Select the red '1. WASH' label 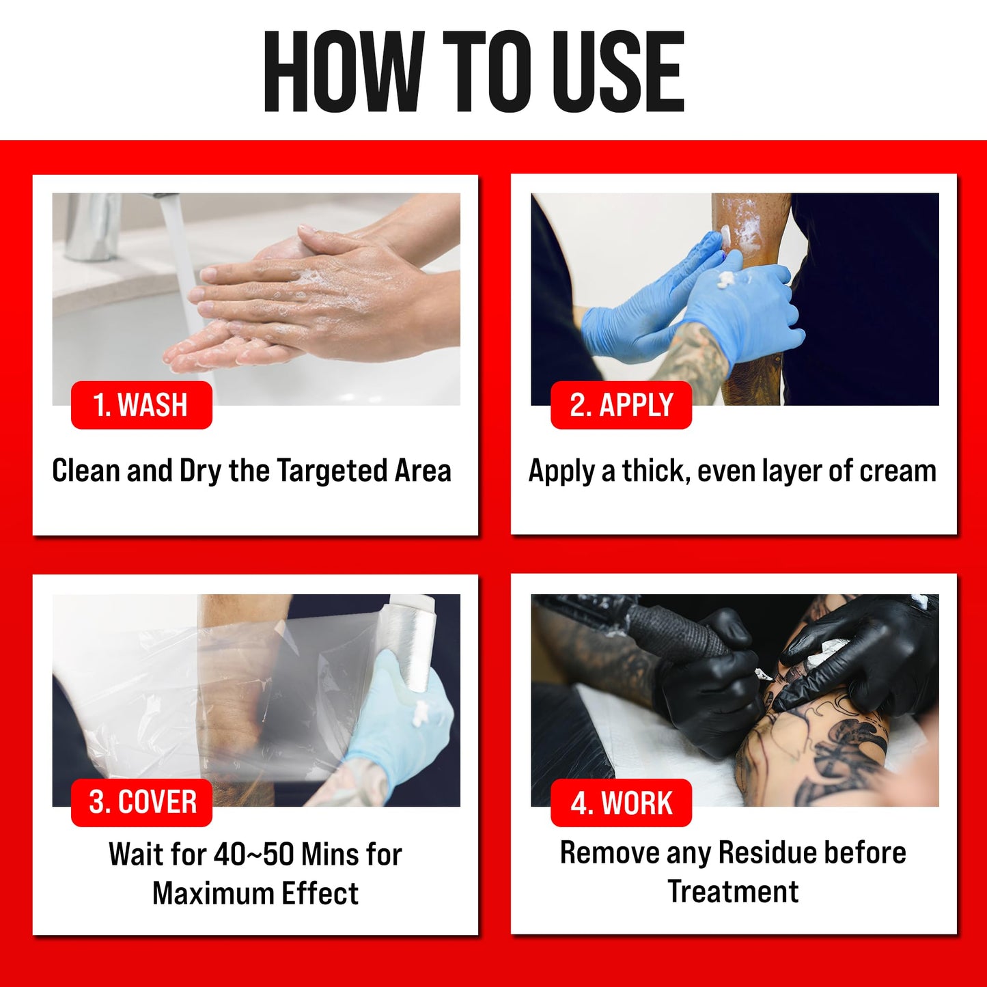point(141,405)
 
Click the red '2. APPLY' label point(621,405)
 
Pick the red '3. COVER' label point(142,802)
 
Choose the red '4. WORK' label point(621,803)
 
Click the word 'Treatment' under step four point(733,891)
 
